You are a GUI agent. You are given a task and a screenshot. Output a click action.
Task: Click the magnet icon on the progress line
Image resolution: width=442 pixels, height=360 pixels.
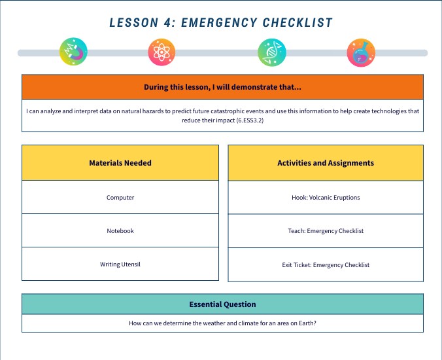coord(73,52)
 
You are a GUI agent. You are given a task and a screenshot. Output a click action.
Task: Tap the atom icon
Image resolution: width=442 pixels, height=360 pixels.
coord(162,52)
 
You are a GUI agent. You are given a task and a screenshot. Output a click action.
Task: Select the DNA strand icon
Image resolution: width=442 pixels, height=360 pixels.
coord(271,52)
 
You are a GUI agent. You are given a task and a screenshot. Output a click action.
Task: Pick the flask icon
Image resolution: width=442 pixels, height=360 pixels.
coord(360,52)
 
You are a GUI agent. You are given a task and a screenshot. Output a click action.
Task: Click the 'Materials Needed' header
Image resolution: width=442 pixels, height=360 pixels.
coord(120,163)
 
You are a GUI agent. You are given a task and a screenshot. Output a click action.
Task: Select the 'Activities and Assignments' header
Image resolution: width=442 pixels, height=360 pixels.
coord(326,163)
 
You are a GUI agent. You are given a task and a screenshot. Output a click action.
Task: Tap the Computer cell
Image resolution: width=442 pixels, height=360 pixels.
coord(120,197)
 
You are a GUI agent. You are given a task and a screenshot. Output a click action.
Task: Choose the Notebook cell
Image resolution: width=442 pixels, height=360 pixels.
coord(120,231)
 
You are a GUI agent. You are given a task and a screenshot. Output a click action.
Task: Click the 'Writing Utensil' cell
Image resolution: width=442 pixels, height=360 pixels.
coord(120,264)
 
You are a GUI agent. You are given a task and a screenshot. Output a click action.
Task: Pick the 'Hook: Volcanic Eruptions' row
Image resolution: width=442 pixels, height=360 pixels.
coord(326,197)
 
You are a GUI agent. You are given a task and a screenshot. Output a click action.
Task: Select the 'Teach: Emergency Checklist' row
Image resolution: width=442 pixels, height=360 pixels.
coord(326,231)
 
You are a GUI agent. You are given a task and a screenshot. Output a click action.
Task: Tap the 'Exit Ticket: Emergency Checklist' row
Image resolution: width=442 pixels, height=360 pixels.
coord(326,265)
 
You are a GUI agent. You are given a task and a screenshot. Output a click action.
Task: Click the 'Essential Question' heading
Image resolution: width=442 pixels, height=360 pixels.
coord(222,304)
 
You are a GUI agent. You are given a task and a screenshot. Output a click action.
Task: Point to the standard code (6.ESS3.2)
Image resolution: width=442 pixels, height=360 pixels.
coord(252,120)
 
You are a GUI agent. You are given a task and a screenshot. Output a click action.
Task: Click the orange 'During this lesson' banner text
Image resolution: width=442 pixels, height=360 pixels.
coord(222,87)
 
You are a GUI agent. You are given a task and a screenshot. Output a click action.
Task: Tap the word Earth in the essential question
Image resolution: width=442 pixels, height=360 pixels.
coord(305,323)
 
